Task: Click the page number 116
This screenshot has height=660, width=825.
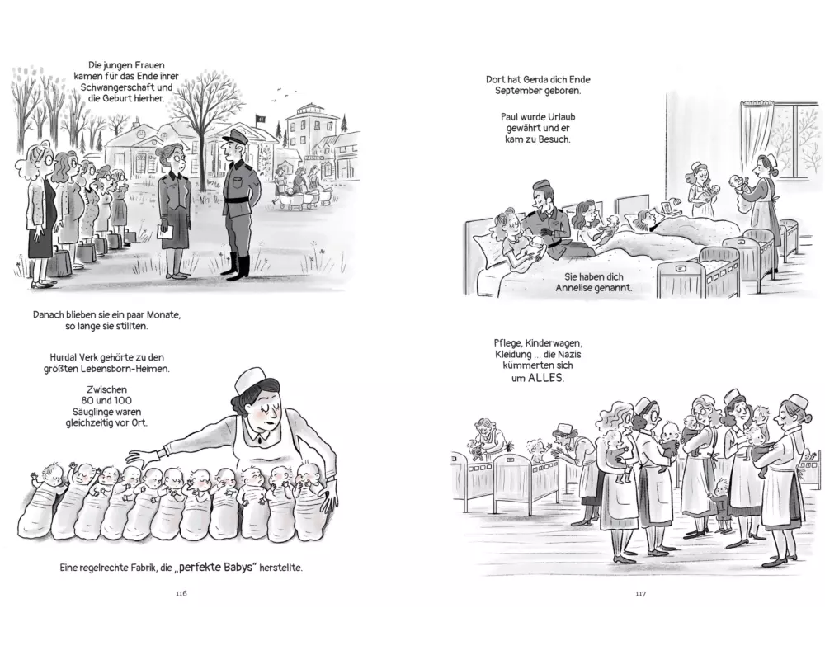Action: (x=181, y=593)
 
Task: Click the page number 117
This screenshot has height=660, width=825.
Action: (x=640, y=593)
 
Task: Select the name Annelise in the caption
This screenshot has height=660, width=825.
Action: (x=576, y=288)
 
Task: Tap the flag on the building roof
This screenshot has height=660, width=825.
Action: (x=259, y=119)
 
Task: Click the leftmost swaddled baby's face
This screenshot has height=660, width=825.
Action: (x=53, y=473)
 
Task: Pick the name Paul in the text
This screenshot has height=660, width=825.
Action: (x=511, y=117)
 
